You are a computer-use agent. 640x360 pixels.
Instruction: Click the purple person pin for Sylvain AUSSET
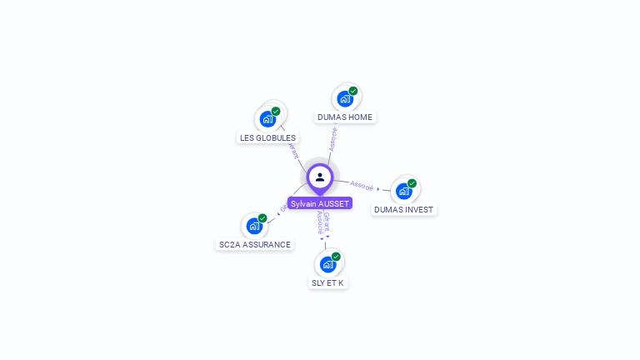click(320, 177)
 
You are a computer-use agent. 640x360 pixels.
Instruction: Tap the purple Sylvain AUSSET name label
click(320, 203)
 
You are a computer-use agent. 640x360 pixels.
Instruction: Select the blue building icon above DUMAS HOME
click(345, 99)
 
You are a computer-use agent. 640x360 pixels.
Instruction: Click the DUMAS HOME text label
click(345, 117)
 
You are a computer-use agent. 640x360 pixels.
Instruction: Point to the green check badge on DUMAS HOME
click(353, 91)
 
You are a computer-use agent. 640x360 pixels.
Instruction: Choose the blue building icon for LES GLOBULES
click(267, 119)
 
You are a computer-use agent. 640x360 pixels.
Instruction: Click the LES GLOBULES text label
click(267, 138)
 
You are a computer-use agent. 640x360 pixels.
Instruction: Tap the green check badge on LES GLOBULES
click(276, 111)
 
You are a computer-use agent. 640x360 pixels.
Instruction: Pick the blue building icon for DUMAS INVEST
click(404, 192)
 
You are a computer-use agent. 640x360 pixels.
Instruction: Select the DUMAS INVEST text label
click(403, 210)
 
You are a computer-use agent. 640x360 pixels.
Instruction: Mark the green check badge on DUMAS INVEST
click(412, 183)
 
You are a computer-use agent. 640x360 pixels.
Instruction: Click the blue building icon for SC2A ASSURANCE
click(254, 226)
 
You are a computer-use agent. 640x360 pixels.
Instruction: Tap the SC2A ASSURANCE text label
click(255, 245)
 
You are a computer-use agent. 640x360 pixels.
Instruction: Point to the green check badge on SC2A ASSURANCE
click(262, 217)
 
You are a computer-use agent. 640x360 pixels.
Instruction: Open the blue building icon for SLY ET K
click(327, 264)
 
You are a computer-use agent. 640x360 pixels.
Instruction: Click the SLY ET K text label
click(327, 283)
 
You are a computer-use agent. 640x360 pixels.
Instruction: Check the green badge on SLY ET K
click(336, 257)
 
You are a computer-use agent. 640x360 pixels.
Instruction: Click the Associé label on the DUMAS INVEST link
click(362, 185)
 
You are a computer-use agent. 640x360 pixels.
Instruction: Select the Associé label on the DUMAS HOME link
click(333, 138)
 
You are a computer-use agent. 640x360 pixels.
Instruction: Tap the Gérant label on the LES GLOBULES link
click(292, 149)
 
